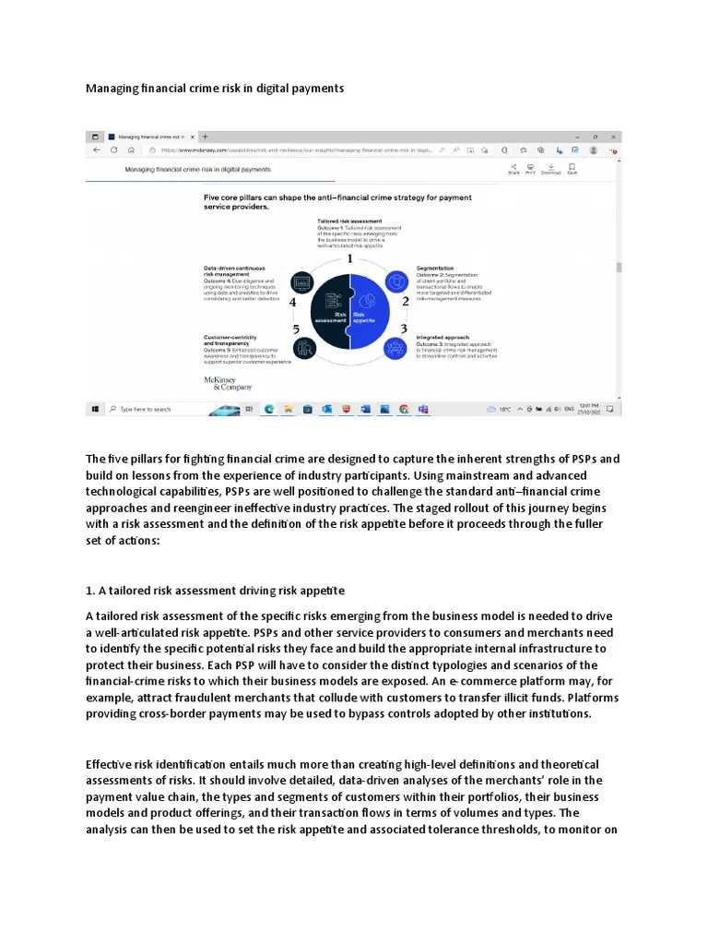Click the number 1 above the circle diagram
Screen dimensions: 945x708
coord(350,259)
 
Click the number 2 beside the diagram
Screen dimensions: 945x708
coord(405,301)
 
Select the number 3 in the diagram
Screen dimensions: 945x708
coord(404,329)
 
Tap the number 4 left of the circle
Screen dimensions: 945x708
coord(292,302)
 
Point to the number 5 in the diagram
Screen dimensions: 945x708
coord(295,329)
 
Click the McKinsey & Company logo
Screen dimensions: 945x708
coord(221,383)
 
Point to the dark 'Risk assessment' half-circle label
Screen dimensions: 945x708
coord(332,317)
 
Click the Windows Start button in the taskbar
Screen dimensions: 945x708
coord(95,408)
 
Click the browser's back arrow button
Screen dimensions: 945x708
coord(97,150)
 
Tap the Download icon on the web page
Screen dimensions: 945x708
coord(550,168)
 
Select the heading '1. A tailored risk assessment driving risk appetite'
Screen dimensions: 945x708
coord(215,591)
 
